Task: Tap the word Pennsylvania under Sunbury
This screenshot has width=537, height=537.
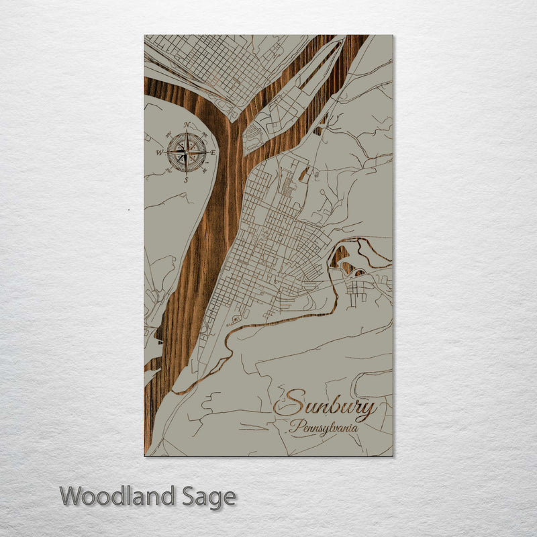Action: point(324,426)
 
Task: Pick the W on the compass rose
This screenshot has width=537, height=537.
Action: point(160,153)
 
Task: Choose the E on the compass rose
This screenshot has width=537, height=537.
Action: point(213,152)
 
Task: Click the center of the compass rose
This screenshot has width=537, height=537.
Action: point(187,152)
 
